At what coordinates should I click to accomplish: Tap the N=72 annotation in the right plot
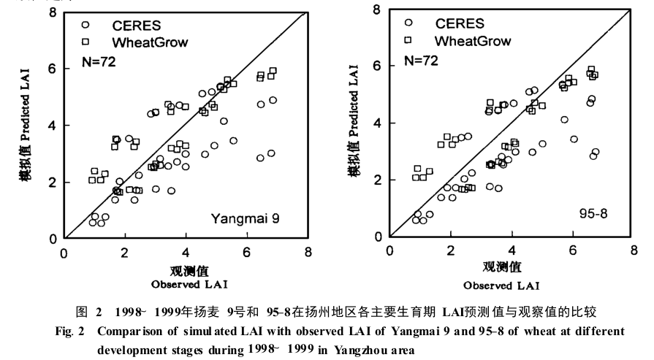pyautogui.click(x=421, y=61)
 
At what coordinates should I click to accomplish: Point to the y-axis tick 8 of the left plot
pyautogui.click(x=53, y=12)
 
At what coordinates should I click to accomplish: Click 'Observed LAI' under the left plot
pyautogui.click(x=185, y=283)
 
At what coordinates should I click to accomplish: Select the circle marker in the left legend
pyautogui.click(x=86, y=24)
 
